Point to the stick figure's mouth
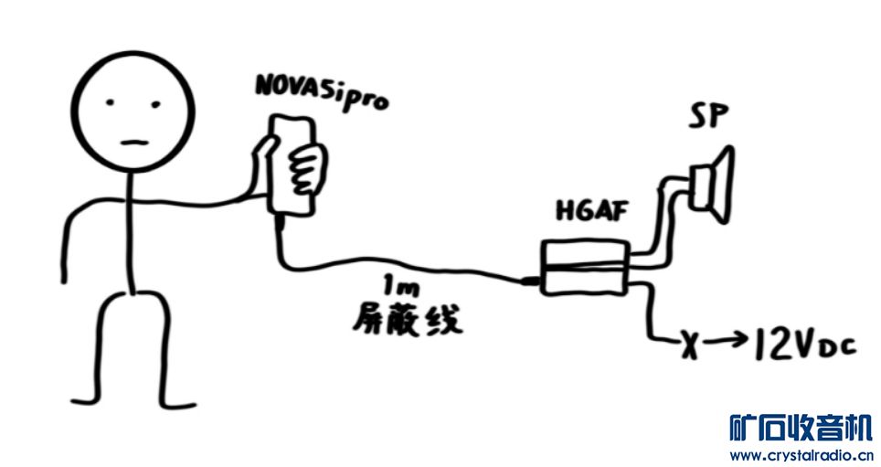tap(133, 142)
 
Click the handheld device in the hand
tap(295, 165)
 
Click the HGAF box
tap(583, 268)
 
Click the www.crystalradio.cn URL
tap(801, 454)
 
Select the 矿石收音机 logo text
tap(801, 427)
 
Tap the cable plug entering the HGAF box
tap(530, 281)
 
